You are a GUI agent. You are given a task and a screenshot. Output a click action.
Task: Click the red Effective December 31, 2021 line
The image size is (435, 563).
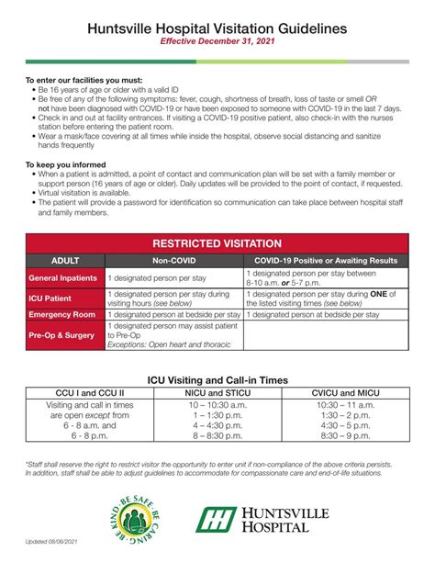[x=217, y=42]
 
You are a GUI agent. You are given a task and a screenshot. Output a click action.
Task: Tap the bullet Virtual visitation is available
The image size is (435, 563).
[x=95, y=208]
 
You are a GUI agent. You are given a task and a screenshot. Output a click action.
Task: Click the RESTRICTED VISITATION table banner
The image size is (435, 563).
[x=217, y=243]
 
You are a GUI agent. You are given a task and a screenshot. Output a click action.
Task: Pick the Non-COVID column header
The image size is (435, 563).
[x=174, y=261]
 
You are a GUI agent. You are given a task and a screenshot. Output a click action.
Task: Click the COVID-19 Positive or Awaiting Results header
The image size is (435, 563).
[x=327, y=261]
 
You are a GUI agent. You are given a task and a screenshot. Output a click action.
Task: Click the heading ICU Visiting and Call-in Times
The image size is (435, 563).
[x=217, y=380]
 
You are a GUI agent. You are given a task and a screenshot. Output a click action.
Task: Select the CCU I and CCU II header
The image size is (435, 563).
[x=90, y=393]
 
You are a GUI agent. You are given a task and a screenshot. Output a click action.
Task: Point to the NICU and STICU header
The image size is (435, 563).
[x=217, y=393]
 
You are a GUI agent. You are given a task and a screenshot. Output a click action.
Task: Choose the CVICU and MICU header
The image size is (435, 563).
[x=345, y=393]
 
